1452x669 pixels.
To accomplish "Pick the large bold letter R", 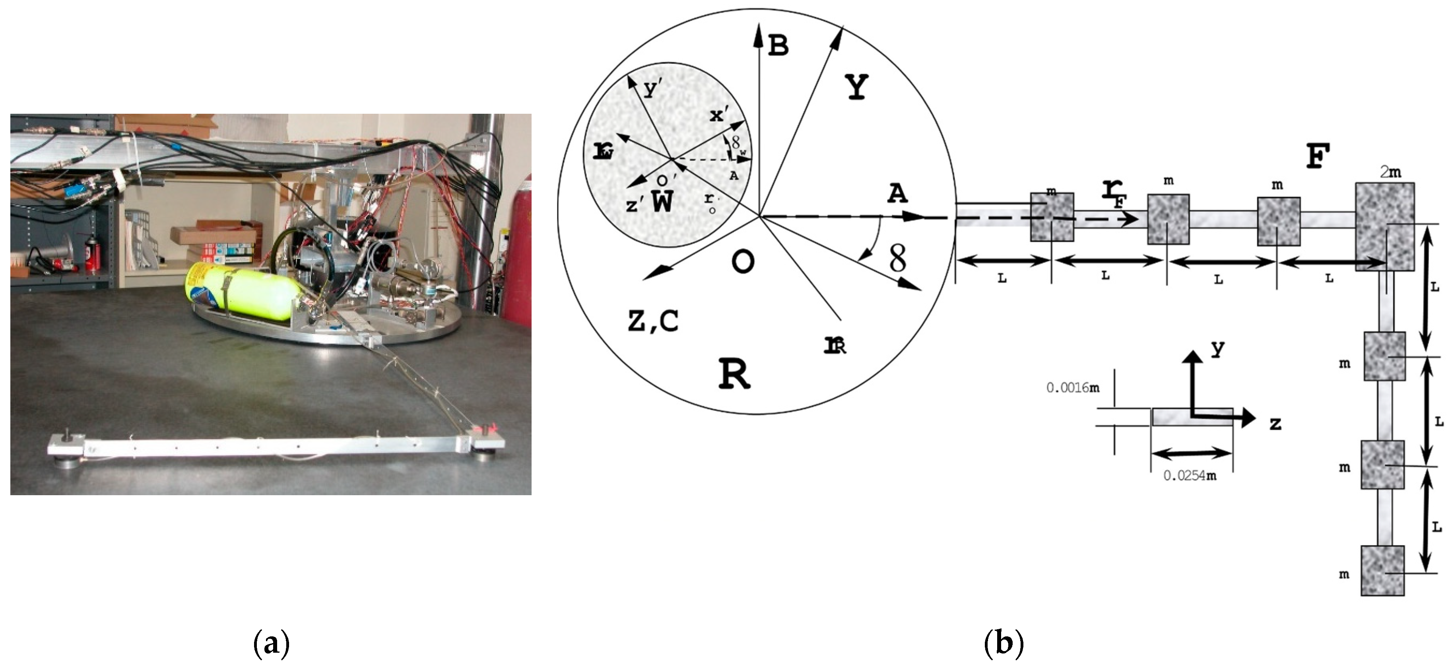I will click(x=734, y=373).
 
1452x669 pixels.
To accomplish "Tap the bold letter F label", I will click(x=1318, y=156).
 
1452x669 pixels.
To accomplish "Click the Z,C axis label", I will click(x=653, y=321).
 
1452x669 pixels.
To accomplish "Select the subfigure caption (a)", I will click(x=271, y=643).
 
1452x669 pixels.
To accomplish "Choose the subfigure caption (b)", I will click(x=1004, y=643).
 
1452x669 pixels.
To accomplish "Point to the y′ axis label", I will click(x=653, y=89).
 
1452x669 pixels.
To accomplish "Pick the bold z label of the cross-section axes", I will click(x=1275, y=423).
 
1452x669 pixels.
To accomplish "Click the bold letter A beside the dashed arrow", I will click(x=897, y=193).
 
